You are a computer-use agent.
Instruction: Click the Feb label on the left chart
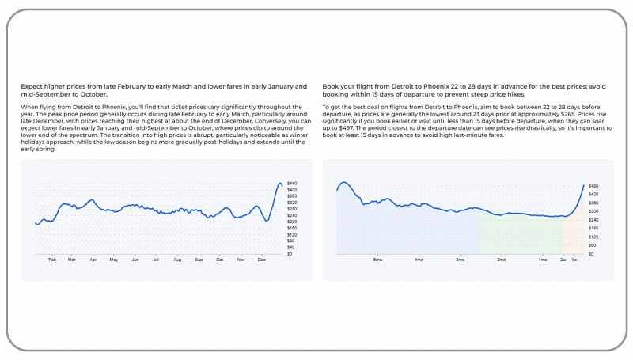(x=52, y=260)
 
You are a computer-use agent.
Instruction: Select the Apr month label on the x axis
(x=93, y=260)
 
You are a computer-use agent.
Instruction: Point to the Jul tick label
(x=156, y=260)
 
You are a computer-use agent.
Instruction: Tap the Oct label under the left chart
(x=220, y=260)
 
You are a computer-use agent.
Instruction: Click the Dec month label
(x=262, y=260)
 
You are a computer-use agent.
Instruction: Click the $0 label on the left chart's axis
(x=290, y=254)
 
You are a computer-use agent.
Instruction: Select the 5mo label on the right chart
(x=377, y=260)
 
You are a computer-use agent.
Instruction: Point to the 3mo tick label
(x=460, y=260)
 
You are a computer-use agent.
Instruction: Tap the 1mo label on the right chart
(x=542, y=260)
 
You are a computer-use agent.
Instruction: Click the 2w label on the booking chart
(x=563, y=260)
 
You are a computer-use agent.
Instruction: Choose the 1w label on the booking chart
(x=574, y=260)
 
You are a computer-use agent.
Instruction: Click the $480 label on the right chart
(x=593, y=186)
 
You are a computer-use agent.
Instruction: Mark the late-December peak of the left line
(x=279, y=184)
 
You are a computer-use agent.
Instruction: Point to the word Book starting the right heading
(x=332, y=85)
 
